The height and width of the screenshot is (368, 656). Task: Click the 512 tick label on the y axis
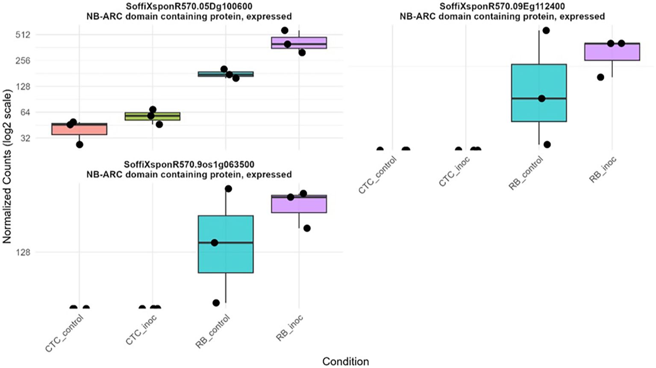(x=23, y=35)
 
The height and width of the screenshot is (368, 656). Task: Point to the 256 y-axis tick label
(x=23, y=61)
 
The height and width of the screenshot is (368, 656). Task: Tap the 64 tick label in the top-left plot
(x=25, y=112)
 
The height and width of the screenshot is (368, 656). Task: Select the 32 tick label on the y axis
(x=25, y=138)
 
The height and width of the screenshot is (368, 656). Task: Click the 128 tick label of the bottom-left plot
(x=23, y=252)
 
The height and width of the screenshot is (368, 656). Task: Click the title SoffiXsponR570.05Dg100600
(x=189, y=6)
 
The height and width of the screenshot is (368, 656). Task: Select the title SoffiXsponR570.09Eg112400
(x=502, y=6)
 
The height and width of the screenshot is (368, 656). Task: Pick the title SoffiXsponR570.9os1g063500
(x=189, y=165)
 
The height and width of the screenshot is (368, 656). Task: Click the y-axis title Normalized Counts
(x=7, y=167)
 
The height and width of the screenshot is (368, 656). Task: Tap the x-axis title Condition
(x=345, y=362)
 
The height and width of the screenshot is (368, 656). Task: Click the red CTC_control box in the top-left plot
(x=79, y=129)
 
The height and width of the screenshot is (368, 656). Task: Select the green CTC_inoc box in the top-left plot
(x=153, y=116)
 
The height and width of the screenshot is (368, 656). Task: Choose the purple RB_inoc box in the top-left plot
(x=299, y=43)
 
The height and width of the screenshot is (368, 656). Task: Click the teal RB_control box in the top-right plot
(x=539, y=93)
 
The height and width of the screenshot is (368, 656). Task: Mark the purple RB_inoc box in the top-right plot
(x=612, y=52)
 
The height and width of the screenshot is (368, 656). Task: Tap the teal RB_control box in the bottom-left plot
(x=226, y=244)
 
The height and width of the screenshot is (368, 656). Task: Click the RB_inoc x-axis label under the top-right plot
(x=603, y=170)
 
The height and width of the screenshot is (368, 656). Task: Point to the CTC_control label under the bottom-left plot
(x=64, y=333)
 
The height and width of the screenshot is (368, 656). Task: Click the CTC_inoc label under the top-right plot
(x=455, y=171)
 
